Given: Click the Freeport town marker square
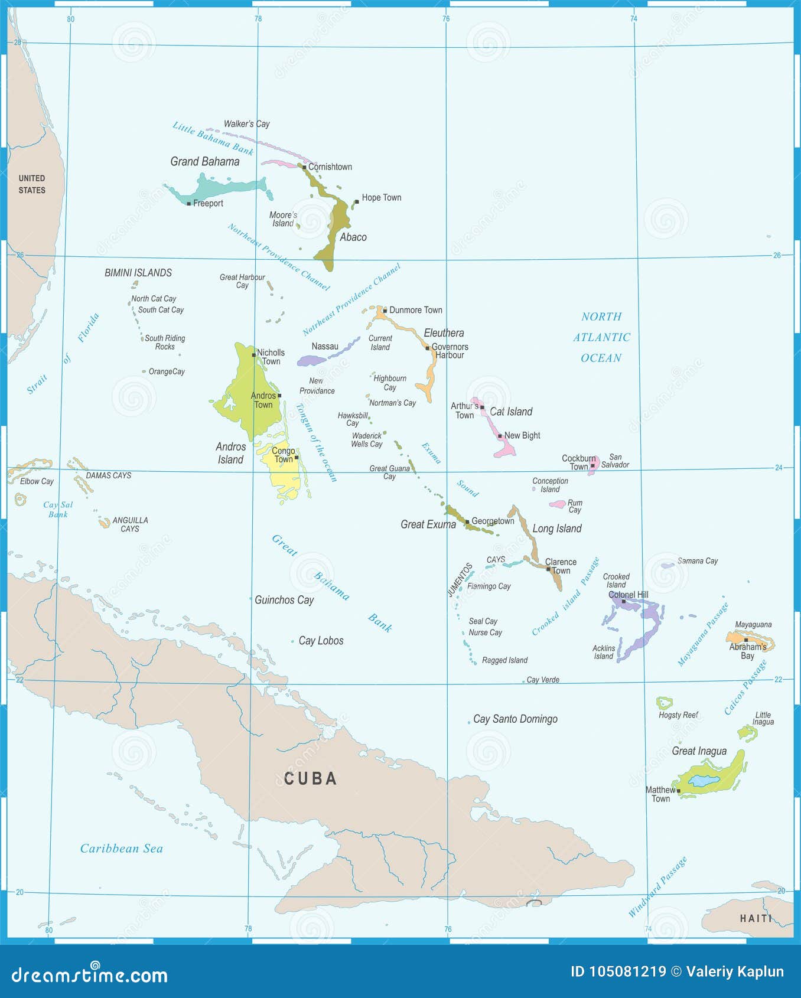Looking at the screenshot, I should coord(188,204).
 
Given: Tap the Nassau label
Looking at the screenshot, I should coord(325,347).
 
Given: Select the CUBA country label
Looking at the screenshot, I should coord(310,779).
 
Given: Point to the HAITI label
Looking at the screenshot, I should coord(756,918).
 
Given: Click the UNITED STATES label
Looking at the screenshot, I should coord(32,184).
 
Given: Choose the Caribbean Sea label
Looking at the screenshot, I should coord(121,849).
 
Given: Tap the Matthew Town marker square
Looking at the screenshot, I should coord(678,791).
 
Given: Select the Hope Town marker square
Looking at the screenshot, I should coord(356,202).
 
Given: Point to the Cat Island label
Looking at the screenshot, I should coord(511,412).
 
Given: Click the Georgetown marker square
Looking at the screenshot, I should coord(467,522).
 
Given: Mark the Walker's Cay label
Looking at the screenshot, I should coord(246,124).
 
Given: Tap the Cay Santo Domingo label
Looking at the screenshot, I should coord(515,719).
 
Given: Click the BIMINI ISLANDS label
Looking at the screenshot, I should coord(138,273).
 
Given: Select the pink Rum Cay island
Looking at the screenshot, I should coord(557,504).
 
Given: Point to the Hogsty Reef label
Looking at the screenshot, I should coord(678,715).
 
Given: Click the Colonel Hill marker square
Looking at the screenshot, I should coord(624,602).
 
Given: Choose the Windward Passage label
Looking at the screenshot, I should coord(657,887).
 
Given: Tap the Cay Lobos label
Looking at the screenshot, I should coord(321,641).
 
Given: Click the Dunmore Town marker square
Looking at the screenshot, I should coord(385,311).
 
